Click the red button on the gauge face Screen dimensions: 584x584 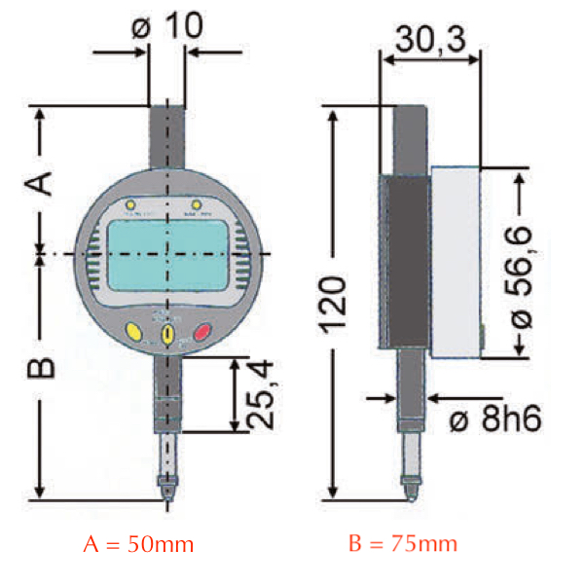click(x=203, y=333)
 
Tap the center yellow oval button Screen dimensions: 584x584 click(x=167, y=334)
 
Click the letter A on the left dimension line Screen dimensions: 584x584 click(x=39, y=181)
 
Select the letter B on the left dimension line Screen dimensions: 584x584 click(x=40, y=368)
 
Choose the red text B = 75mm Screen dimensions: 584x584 click(x=403, y=543)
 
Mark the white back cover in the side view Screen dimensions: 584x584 click(x=456, y=262)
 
